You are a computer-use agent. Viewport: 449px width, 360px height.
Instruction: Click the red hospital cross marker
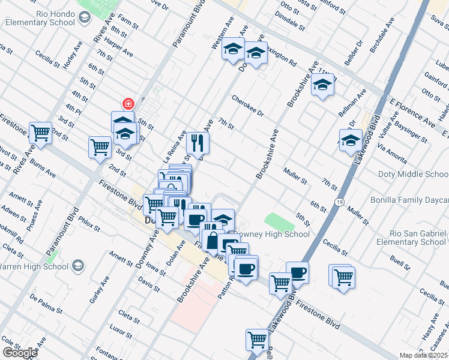127,103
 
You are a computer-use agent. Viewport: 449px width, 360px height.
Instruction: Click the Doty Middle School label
413,175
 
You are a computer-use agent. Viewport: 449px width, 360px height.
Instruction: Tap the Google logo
20,353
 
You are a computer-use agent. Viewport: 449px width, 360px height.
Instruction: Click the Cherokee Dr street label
248,105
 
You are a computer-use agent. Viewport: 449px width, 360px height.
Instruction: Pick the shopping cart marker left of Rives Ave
41,133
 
